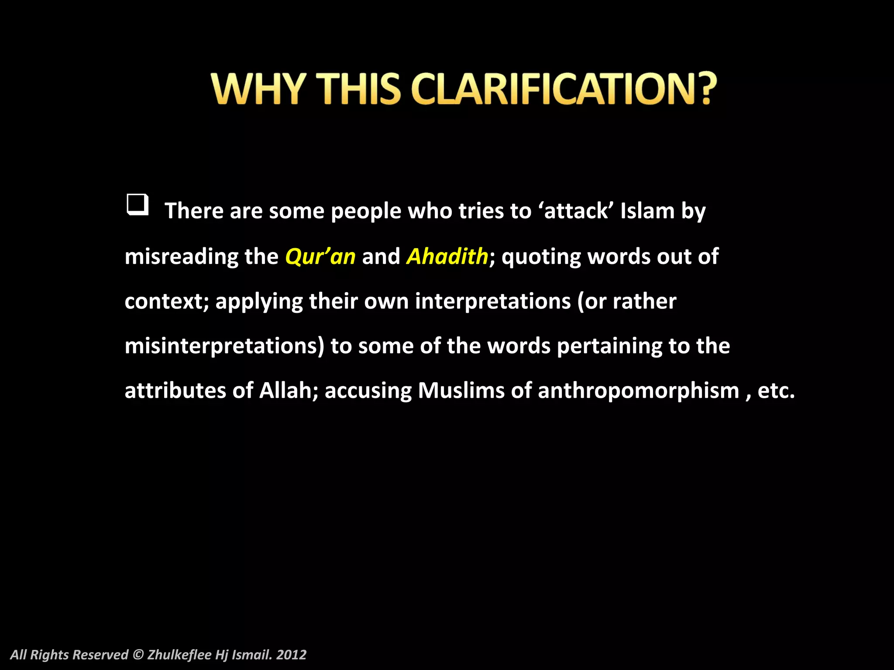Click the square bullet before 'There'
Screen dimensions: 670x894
point(138,205)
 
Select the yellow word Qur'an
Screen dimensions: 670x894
point(320,256)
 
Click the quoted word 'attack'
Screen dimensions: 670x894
point(576,211)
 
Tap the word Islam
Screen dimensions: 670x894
point(647,211)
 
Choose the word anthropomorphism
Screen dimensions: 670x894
point(638,390)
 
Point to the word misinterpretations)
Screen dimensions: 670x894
point(224,346)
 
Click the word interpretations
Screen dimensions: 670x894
point(493,301)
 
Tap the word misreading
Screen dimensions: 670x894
point(181,256)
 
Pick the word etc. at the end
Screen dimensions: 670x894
point(776,390)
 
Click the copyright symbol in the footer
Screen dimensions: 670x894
point(138,655)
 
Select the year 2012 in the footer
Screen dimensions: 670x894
point(291,655)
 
